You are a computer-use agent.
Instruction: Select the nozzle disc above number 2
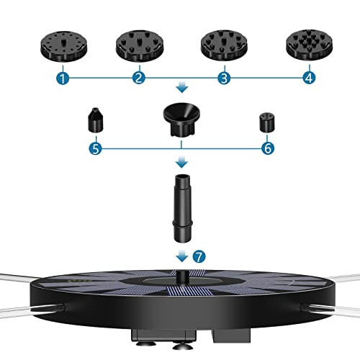140,45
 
